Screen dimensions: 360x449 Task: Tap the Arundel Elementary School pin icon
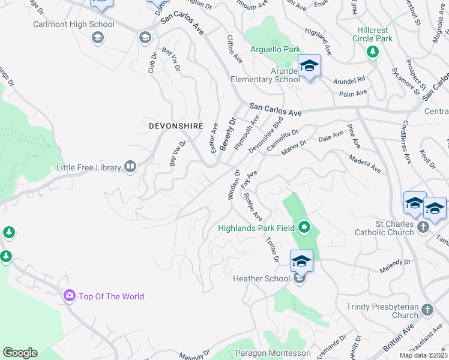click(x=309, y=66)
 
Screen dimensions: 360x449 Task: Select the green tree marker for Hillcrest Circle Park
click(x=373, y=52)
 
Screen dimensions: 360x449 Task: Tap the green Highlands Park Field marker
click(x=304, y=227)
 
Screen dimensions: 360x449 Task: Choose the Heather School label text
click(x=261, y=278)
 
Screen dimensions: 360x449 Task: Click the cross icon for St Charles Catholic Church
click(x=424, y=227)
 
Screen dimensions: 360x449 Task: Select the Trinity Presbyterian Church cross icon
click(x=427, y=310)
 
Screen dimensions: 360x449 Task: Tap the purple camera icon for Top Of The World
click(x=70, y=296)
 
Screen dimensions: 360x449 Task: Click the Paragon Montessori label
click(x=273, y=353)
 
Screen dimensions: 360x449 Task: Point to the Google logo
click(x=20, y=353)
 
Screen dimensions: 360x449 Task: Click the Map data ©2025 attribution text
click(x=423, y=355)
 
